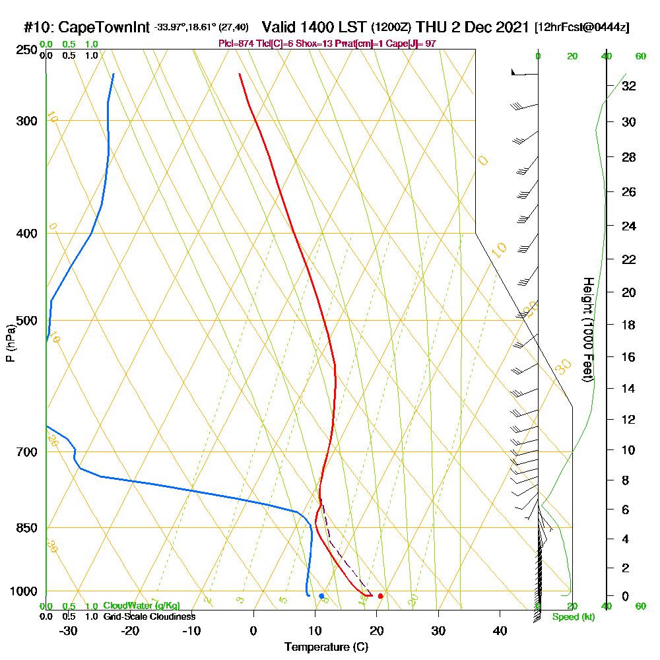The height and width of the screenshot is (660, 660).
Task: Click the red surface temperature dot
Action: click(x=380, y=596)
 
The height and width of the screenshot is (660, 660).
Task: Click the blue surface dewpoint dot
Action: click(x=321, y=596)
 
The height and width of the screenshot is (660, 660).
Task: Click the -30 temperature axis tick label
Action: click(x=68, y=630)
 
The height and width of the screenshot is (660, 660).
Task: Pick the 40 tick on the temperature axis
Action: click(x=500, y=630)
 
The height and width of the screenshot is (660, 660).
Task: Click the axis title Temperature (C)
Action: click(x=326, y=647)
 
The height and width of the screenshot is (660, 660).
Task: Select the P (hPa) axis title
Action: click(x=10, y=343)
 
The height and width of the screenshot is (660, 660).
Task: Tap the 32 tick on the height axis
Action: click(x=628, y=86)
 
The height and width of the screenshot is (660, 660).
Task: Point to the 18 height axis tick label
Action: click(x=628, y=325)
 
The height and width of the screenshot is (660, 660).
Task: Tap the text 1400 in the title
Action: click(x=314, y=27)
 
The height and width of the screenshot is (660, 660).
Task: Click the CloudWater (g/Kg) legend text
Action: click(x=141, y=606)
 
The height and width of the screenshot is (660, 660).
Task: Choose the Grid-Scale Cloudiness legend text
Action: click(x=149, y=616)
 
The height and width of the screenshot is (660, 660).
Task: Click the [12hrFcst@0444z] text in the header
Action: click(x=582, y=28)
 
